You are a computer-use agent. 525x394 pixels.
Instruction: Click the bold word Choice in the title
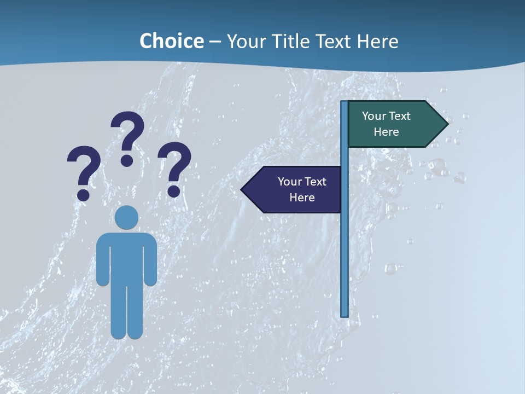pos(171,41)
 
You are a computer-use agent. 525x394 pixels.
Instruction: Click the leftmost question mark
pos(84,172)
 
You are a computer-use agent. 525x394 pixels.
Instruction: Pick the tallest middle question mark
pos(127,137)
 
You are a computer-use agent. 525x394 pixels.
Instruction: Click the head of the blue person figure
pos(126,217)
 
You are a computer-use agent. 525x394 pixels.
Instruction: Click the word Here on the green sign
pos(386,132)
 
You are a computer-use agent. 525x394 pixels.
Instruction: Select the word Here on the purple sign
pos(302,198)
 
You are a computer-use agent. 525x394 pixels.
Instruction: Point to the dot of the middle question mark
pos(127,160)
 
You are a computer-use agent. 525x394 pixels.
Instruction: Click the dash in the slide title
pos(215,42)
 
